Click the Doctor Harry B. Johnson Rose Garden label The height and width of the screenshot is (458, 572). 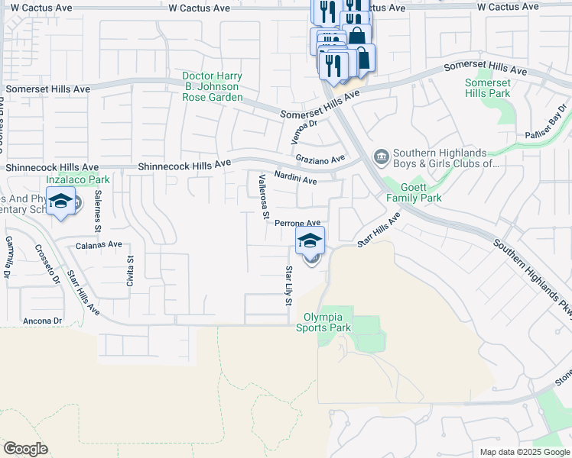pyautogui.click(x=212, y=86)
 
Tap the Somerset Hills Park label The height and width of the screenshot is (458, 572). pyautogui.click(x=487, y=88)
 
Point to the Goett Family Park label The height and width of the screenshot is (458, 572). pyautogui.click(x=414, y=192)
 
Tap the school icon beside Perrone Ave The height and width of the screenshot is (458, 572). pyautogui.click(x=310, y=240)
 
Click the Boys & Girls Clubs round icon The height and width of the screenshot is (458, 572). pyautogui.click(x=380, y=157)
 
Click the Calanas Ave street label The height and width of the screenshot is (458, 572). pyautogui.click(x=99, y=245)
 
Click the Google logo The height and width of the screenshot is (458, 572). pyautogui.click(x=25, y=449)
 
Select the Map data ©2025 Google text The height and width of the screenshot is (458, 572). pyautogui.click(x=524, y=452)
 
